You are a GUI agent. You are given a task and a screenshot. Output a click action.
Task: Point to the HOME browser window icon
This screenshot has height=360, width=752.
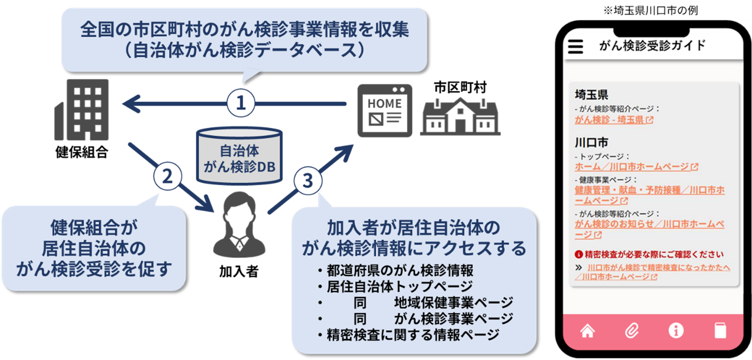click(385, 110)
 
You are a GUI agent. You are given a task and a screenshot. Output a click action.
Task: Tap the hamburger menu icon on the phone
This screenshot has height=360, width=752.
click(575, 46)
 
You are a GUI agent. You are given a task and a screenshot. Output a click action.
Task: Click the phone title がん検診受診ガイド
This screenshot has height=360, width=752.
click(652, 46)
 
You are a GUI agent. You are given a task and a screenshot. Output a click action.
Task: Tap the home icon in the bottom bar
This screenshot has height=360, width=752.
click(587, 331)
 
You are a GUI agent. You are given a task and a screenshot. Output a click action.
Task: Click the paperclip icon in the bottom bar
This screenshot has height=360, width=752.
click(631, 331)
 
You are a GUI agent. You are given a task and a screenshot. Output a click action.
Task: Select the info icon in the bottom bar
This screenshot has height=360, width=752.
click(676, 331)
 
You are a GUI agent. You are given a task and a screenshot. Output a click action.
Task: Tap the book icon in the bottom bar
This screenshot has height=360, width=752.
click(720, 331)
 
